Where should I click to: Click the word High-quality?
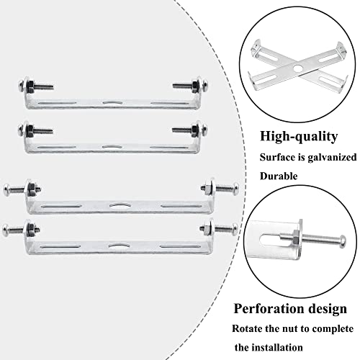299,137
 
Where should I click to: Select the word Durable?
279,176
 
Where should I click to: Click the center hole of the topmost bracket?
112,102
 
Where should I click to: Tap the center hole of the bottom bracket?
118,246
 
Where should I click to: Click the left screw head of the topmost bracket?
22,86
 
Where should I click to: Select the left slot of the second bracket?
57,147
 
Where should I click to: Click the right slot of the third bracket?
181,206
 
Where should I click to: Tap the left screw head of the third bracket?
6,189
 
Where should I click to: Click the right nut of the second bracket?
194,130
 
